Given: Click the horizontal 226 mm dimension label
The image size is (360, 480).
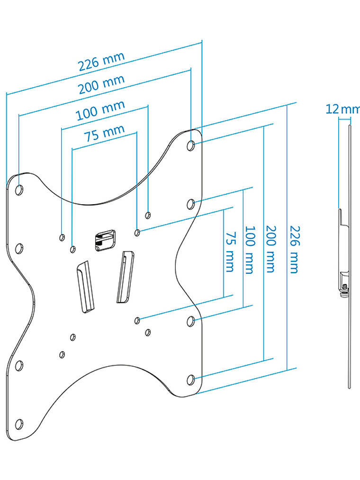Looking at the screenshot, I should (101, 61).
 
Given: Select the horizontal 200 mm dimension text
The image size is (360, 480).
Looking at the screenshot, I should (101, 85).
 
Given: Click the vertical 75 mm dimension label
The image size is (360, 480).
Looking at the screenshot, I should (229, 252).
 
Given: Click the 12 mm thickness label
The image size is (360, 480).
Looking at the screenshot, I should (342, 109).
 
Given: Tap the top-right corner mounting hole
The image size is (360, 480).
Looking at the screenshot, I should (191, 145).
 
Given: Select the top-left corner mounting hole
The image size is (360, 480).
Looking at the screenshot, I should (19, 190).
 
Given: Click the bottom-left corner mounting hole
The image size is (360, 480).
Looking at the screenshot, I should (19, 423).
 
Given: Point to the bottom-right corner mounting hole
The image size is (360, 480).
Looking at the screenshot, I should (191, 379).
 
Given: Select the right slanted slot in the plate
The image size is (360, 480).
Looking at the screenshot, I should (124, 276).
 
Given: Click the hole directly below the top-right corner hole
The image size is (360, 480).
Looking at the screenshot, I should (191, 204).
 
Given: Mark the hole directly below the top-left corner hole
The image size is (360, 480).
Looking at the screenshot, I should (19, 248).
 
